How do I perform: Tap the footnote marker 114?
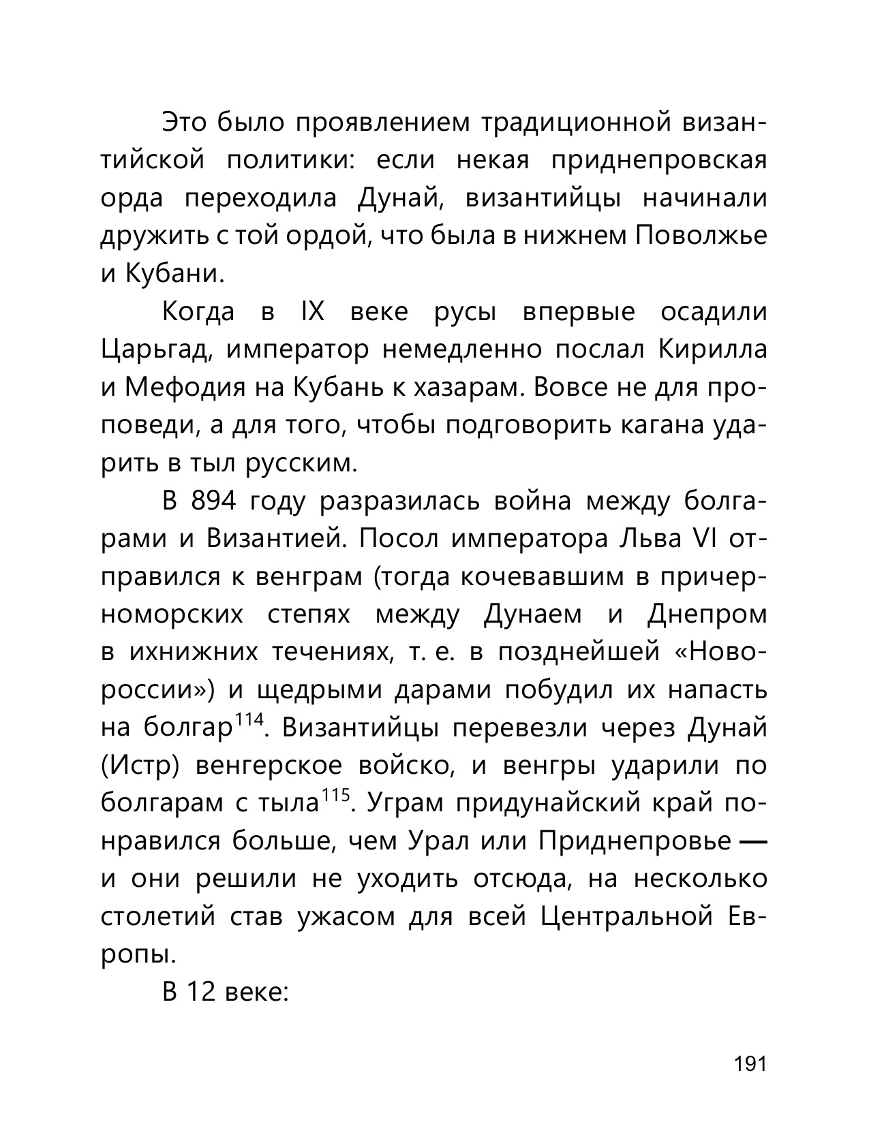tap(249, 720)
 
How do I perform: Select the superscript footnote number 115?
tap(336, 796)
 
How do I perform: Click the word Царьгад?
tap(159, 350)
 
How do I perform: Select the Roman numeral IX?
tap(311, 312)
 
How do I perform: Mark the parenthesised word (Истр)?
tap(140, 766)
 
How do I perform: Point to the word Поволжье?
tap(701, 236)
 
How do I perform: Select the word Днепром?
tap(707, 614)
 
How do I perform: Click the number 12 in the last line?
tap(201, 992)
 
